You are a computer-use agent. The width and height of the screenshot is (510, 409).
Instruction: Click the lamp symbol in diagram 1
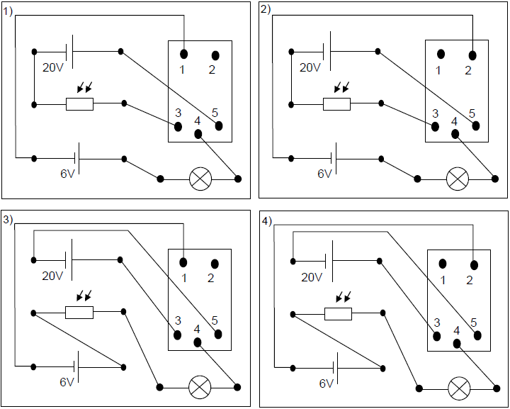pyautogui.click(x=200, y=179)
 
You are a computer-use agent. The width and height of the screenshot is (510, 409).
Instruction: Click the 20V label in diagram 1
pyautogui.click(x=53, y=68)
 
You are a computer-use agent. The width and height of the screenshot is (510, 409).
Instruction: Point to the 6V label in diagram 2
pyautogui.click(x=324, y=174)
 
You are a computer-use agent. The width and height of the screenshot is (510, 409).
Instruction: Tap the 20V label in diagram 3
pyautogui.click(x=53, y=276)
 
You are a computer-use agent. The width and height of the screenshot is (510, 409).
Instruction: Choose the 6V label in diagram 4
pyautogui.click(x=326, y=383)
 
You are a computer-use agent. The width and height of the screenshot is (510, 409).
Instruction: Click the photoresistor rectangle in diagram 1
pyautogui.click(x=79, y=104)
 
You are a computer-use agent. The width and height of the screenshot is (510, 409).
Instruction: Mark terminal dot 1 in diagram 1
pyautogui.click(x=183, y=54)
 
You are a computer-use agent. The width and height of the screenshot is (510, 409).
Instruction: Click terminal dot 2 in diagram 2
pyautogui.click(x=472, y=55)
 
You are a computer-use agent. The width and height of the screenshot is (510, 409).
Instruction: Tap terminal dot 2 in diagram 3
pyautogui.click(x=215, y=263)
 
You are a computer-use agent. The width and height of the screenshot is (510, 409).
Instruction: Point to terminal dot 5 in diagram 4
pyautogui.click(x=478, y=335)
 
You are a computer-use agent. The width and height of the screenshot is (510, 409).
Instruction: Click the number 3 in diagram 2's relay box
pyautogui.click(x=435, y=113)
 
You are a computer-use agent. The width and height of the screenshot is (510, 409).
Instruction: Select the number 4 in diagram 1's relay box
pyautogui.click(x=197, y=124)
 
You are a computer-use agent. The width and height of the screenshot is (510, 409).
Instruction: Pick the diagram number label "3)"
pyautogui.click(x=8, y=219)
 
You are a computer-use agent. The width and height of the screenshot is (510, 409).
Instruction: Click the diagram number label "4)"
pyautogui.click(x=266, y=219)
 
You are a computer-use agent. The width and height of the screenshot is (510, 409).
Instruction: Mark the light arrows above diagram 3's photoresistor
pyautogui.click(x=84, y=295)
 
